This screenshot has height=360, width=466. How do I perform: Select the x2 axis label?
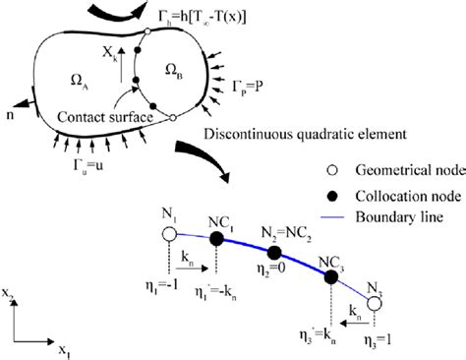(11, 294)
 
